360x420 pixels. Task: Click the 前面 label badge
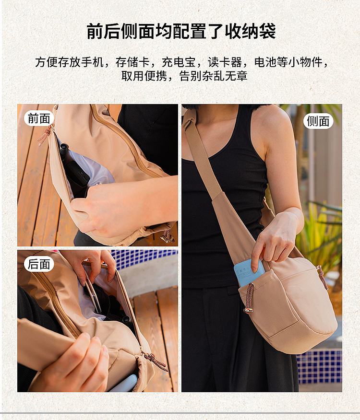39,118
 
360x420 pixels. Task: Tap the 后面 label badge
39,264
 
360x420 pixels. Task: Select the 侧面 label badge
318,121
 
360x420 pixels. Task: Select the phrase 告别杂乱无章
213,76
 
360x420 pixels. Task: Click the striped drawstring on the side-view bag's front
249,297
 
